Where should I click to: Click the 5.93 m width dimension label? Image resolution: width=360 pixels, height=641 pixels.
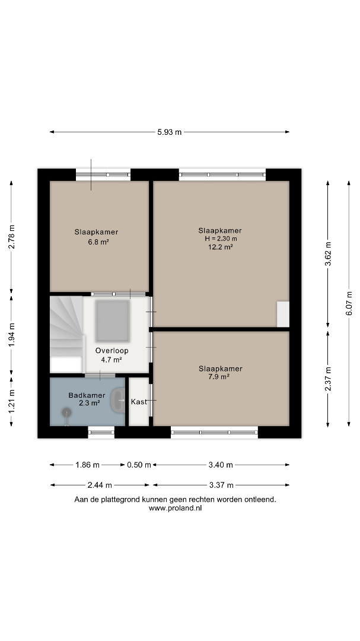click(170, 132)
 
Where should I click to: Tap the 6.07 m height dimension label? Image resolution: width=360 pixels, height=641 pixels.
click(349, 303)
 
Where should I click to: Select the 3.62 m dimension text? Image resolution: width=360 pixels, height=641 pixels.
click(328, 254)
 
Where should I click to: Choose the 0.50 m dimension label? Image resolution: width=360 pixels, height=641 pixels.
click(139, 465)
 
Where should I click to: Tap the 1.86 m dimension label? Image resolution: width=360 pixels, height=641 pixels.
click(87, 465)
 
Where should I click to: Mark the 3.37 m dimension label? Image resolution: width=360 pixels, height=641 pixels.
click(221, 485)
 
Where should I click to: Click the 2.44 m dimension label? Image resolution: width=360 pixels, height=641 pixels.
click(100, 485)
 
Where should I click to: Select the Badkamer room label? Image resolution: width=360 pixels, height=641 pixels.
click(87, 395)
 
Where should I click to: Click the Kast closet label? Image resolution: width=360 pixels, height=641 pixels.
click(139, 402)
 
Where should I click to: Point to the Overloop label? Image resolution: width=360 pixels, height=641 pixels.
click(112, 351)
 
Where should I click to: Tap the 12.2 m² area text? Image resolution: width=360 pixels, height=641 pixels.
click(220, 246)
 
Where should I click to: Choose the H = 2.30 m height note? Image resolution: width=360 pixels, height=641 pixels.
click(220, 239)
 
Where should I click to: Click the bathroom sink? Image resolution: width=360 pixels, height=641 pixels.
click(117, 400)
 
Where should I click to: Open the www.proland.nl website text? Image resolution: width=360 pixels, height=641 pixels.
click(175, 508)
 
